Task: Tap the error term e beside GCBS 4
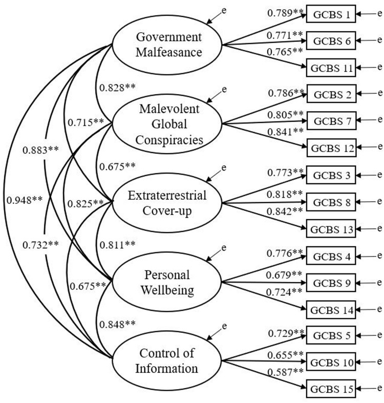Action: tap(379, 256)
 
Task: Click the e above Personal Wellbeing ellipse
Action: tap(224, 248)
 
